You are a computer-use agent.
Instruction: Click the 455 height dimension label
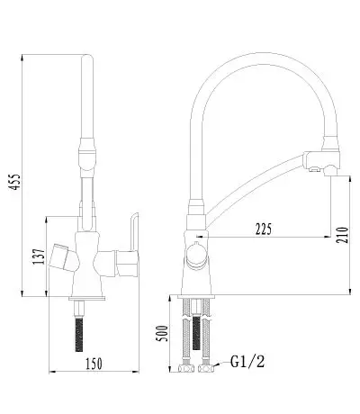click(x=14, y=182)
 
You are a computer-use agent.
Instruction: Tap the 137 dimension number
click(x=39, y=256)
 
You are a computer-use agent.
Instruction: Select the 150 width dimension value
click(x=94, y=364)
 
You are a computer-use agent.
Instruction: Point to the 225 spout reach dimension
click(x=264, y=229)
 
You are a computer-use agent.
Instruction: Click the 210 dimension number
click(x=343, y=235)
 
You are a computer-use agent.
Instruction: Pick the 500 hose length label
click(x=162, y=333)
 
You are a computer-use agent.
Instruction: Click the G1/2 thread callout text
click(x=247, y=361)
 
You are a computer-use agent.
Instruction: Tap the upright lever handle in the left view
click(x=134, y=231)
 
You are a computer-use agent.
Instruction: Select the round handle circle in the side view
click(x=197, y=256)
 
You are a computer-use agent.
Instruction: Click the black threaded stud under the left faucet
click(x=79, y=335)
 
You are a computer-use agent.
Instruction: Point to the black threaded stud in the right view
click(x=196, y=332)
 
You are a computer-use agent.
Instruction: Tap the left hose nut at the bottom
click(x=185, y=368)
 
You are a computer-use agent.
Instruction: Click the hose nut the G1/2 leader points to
click(x=206, y=368)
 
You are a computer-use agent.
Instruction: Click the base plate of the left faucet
click(x=87, y=298)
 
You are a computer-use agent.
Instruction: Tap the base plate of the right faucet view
click(x=196, y=297)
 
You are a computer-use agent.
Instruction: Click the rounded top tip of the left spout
click(x=87, y=57)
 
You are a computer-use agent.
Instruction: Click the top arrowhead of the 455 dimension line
click(x=22, y=57)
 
